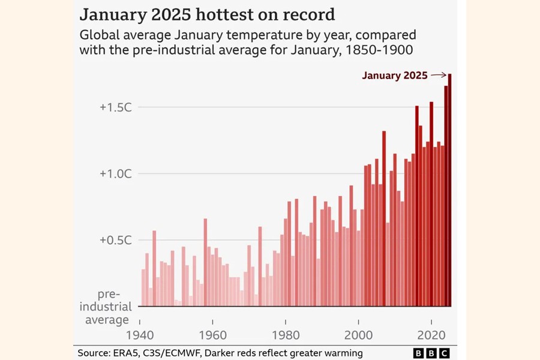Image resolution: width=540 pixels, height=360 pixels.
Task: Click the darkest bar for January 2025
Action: click(x=449, y=192)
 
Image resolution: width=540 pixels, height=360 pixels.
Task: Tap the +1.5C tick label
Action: click(x=115, y=107)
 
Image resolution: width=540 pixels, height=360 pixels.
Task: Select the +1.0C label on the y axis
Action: click(x=115, y=173)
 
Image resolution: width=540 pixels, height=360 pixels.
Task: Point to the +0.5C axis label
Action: click(x=115, y=240)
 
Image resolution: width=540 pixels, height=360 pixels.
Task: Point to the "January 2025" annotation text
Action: click(x=394, y=76)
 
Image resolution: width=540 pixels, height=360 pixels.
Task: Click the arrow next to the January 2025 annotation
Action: click(x=439, y=76)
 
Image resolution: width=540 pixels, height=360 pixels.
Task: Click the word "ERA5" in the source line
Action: click(x=131, y=353)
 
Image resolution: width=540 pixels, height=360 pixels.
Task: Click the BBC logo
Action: click(x=431, y=353)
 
